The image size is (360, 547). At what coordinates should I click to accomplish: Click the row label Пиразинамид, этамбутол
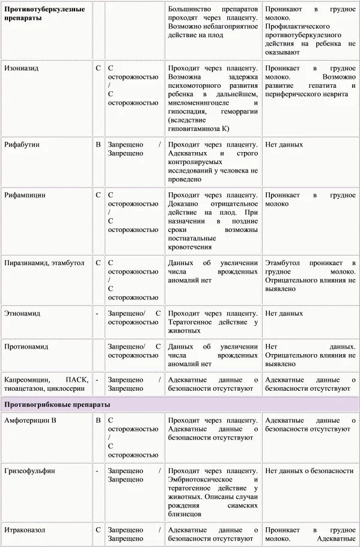[x=44, y=263]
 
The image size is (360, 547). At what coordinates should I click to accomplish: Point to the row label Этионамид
[x=23, y=313]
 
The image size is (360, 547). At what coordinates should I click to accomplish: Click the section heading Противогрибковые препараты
[x=57, y=405]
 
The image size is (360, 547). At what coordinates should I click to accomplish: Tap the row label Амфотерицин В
[x=30, y=420]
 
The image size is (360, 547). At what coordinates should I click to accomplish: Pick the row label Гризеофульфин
[x=29, y=471]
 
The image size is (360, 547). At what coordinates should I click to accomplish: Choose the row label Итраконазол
[x=25, y=530]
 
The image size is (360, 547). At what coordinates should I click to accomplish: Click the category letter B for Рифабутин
[x=98, y=145]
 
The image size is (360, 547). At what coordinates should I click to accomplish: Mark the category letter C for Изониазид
[x=98, y=69]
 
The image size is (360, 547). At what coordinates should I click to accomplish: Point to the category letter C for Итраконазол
[x=98, y=530]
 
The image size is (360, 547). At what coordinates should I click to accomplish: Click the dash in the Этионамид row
[x=97, y=313]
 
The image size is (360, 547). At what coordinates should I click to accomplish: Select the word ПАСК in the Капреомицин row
[x=78, y=380]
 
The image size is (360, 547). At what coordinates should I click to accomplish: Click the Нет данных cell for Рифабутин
[x=284, y=145]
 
